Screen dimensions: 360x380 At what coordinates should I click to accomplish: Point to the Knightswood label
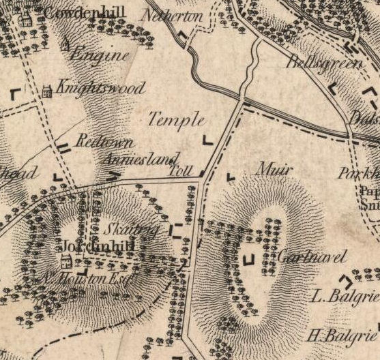click(100, 89)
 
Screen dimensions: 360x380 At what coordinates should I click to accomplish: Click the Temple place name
click(176, 120)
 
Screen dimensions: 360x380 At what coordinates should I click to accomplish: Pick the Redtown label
click(96, 143)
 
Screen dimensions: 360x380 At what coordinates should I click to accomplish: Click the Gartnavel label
click(312, 257)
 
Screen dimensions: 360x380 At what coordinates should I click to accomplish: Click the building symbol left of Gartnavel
click(248, 259)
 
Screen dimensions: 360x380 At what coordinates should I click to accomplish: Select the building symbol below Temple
click(207, 141)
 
